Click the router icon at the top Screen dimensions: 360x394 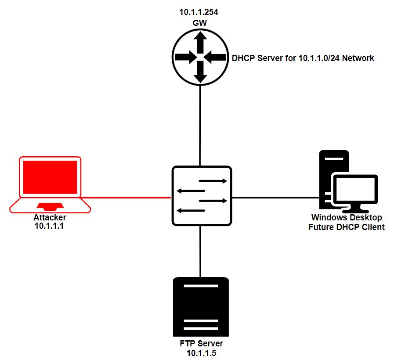[200, 57]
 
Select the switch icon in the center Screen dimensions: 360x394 [202, 196]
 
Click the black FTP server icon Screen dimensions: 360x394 [201, 307]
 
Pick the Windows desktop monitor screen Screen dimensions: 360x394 [355, 190]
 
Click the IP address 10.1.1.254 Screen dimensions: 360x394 [199, 12]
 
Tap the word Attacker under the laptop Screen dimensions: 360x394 [49, 218]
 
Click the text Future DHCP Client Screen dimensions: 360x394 [346, 227]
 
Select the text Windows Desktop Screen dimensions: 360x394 [347, 218]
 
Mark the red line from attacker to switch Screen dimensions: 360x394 [127, 198]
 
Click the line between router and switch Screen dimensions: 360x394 [200, 125]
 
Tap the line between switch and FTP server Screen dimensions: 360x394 [200, 251]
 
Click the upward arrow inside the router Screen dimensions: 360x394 [200, 42]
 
